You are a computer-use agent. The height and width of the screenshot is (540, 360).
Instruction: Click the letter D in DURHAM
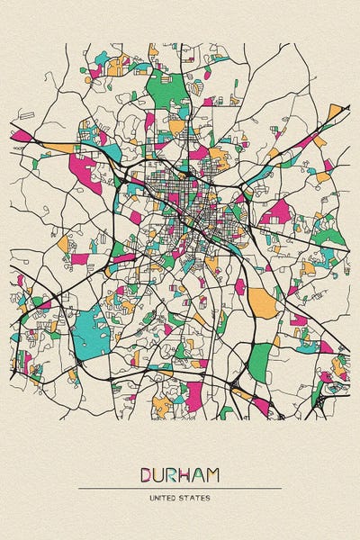[x=146, y=473]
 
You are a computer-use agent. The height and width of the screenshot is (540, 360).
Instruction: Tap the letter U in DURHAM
[x=160, y=473]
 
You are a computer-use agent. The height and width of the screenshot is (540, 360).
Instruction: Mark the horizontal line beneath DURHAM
[x=180, y=489]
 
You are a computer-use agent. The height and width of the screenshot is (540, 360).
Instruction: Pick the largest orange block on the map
[x=263, y=302]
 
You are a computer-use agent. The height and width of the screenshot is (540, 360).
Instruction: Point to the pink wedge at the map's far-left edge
[x=21, y=137]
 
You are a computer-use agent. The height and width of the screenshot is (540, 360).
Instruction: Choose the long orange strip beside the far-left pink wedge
[x=58, y=148]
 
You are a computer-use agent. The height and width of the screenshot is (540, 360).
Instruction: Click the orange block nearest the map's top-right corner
[x=335, y=112]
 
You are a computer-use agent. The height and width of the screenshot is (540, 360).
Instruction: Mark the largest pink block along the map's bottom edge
[x=193, y=393]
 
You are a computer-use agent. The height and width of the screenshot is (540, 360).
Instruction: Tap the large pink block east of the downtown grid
[x=277, y=212]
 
